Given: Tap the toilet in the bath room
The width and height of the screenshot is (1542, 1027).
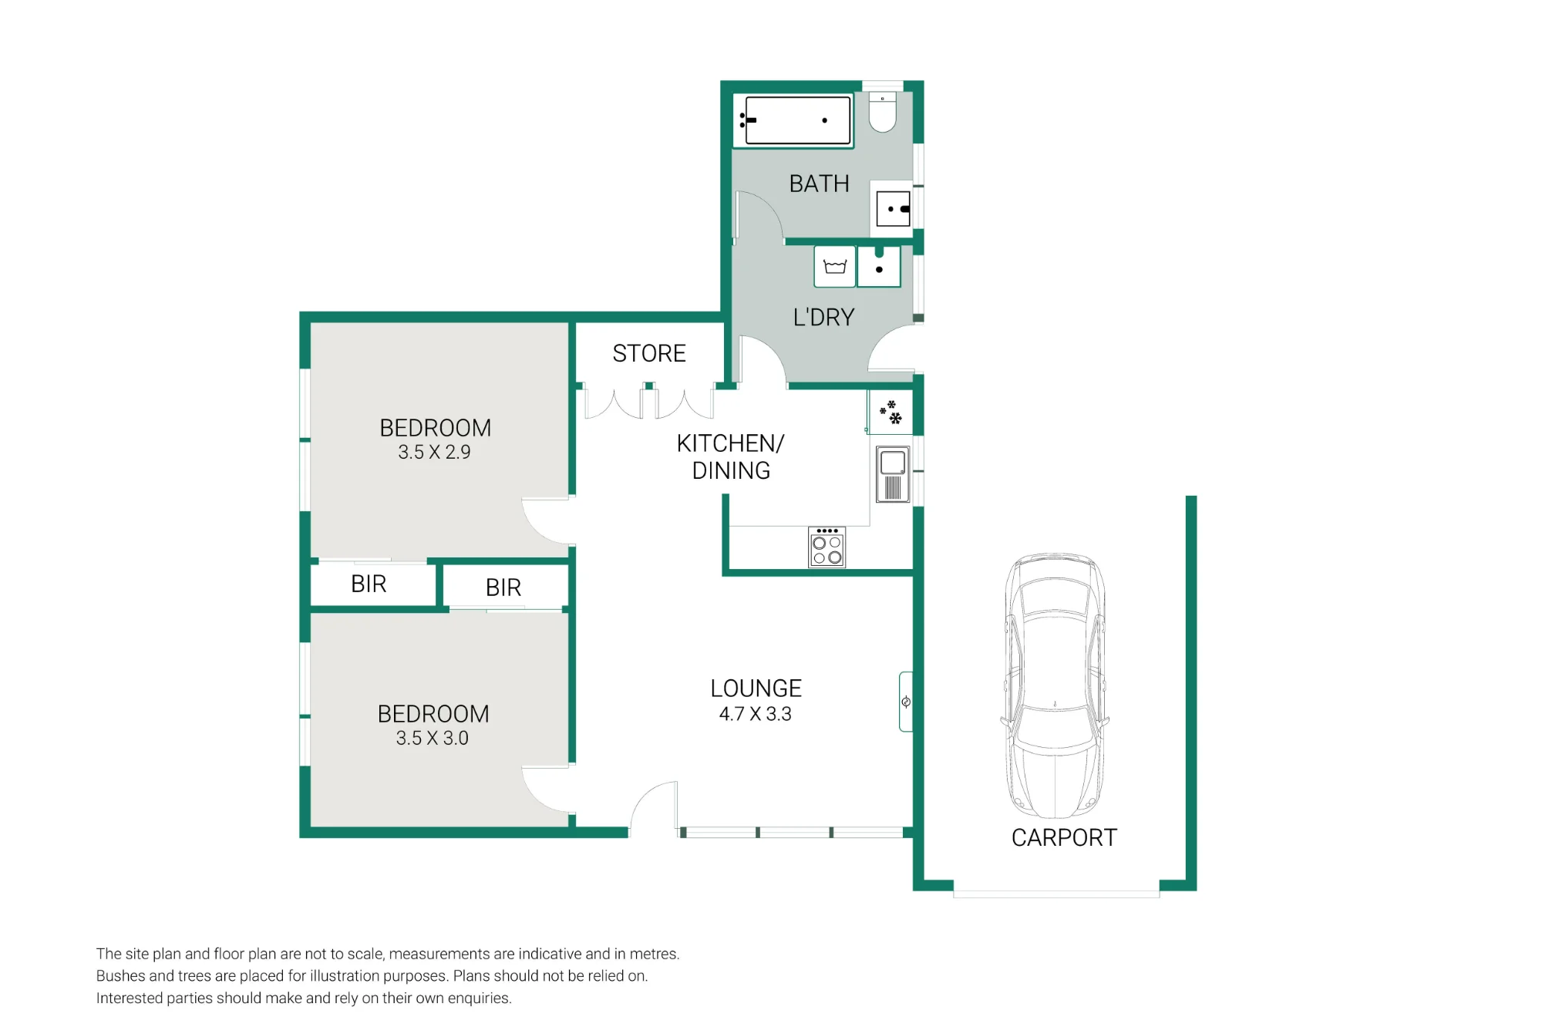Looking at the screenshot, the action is tap(883, 112).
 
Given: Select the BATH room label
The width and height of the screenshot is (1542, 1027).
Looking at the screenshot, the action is tap(819, 184).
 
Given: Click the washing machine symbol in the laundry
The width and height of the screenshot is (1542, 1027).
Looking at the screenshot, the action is tap(835, 267).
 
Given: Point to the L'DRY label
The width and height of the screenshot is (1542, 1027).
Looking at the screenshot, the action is tap(823, 317).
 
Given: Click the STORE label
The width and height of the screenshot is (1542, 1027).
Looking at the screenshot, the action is tap(649, 353).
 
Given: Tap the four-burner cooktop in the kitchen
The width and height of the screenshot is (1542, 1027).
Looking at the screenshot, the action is tap(827, 547).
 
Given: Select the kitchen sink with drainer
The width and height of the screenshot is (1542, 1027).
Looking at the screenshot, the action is tap(893, 475).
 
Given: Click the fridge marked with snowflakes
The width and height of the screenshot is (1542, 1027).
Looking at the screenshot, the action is tap(891, 412).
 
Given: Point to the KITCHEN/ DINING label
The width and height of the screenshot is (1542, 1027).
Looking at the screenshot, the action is tap(730, 456).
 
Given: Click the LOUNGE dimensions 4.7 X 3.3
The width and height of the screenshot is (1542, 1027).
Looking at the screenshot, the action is tap(755, 714).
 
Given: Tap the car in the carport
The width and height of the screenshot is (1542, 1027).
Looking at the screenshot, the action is tap(1055, 685).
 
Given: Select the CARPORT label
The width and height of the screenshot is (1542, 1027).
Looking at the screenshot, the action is tap(1064, 837).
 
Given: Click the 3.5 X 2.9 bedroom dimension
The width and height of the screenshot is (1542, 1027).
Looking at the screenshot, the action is tap(434, 452).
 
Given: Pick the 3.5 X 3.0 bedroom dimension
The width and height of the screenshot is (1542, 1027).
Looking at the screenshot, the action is tap(433, 738).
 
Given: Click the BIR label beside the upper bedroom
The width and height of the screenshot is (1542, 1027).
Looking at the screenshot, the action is tap(369, 584).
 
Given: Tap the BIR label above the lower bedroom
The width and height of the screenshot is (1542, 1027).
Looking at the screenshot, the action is tap(503, 588).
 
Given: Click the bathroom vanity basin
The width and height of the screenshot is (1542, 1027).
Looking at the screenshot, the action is tap(894, 208).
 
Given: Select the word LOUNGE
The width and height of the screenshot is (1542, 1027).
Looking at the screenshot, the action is tap(756, 688).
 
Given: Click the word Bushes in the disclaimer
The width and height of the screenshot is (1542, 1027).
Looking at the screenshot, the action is tap(121, 975).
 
